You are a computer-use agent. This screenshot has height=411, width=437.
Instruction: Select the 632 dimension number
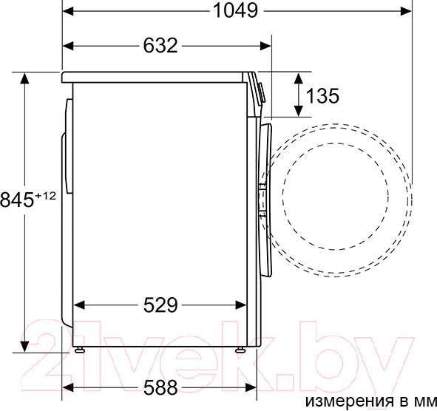click(160, 46)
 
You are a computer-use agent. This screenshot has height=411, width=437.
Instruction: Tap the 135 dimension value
click(322, 96)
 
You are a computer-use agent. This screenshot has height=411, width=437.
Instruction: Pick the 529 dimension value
click(160, 305)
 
